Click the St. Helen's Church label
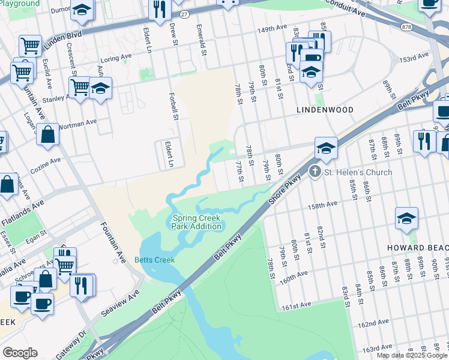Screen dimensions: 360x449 point(358,172)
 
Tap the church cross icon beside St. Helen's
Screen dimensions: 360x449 point(315,172)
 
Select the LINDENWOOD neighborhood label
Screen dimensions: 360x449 point(325,110)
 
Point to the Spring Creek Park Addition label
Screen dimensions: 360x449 point(196,222)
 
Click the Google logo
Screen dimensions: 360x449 point(20,353)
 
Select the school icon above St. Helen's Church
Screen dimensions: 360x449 point(326,148)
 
